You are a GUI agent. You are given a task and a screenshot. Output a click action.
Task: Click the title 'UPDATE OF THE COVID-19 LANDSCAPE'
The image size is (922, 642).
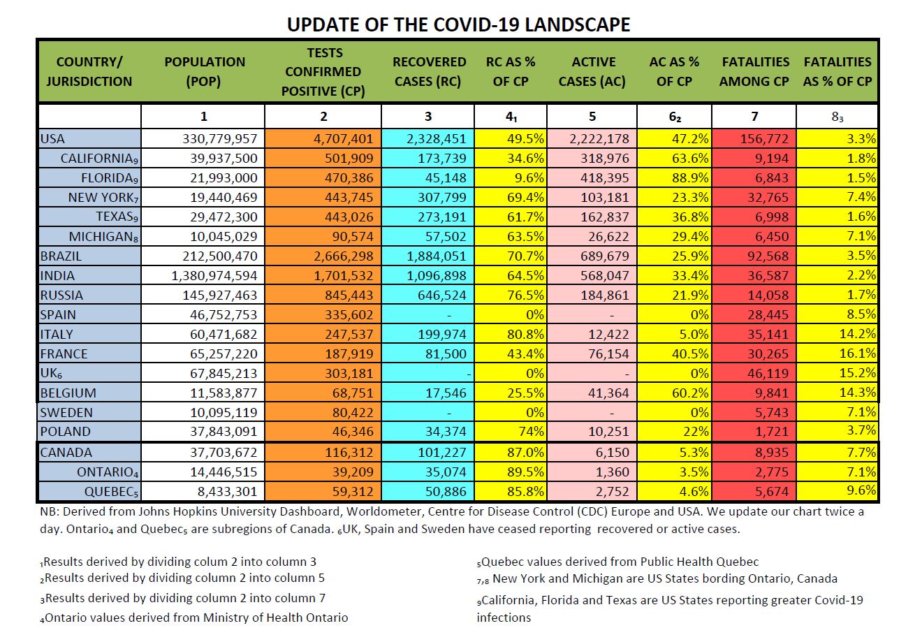tap(458, 24)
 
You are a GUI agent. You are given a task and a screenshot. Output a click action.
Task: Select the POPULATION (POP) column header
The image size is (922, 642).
tap(204, 72)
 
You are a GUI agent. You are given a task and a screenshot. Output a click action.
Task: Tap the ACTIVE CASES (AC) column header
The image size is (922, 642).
tap(592, 72)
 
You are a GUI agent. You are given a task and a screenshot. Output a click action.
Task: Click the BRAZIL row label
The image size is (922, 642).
tap(61, 256)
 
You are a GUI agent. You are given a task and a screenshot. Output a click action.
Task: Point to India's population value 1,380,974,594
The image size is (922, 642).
tap(214, 275)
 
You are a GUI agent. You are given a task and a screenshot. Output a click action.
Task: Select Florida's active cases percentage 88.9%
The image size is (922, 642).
tap(690, 177)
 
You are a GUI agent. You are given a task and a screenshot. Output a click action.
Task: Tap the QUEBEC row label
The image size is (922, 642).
tap(111, 492)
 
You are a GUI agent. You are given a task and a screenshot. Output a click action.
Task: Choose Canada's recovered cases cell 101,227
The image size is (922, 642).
tap(442, 452)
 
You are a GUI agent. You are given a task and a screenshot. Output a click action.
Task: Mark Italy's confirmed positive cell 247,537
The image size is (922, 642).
tap(349, 334)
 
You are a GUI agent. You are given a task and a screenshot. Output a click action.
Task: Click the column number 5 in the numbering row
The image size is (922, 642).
tap(592, 117)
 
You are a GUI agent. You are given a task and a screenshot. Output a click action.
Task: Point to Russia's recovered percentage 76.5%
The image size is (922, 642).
tap(525, 295)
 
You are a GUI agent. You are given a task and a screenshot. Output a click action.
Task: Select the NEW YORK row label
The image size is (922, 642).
tap(103, 198)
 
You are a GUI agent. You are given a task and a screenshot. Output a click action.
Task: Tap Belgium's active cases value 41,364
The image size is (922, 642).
tap(608, 393)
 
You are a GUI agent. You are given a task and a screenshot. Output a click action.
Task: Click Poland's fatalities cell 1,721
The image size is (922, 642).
tap(772, 431)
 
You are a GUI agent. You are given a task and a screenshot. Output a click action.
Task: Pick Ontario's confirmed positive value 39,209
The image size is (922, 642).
tap(353, 472)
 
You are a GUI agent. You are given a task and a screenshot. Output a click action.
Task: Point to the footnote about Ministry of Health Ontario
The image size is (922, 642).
tap(194, 618)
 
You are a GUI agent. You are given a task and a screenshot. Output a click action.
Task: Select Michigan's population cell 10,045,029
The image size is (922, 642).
tap(224, 237)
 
